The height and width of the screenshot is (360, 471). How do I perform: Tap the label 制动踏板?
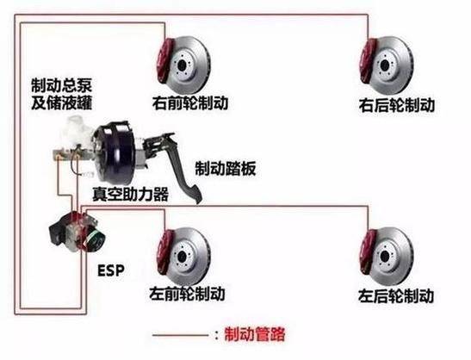(x=226, y=168)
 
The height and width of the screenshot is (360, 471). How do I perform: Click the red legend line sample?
(x=177, y=333)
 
